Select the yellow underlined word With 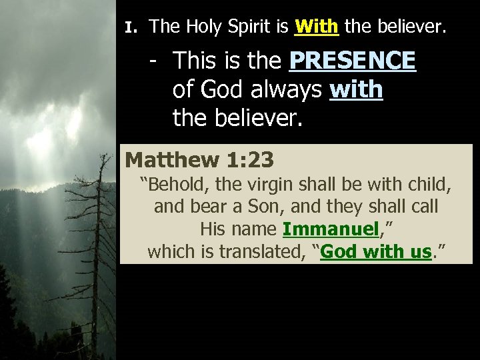pyautogui.click(x=317, y=27)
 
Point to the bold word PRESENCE pyautogui.click(x=353, y=61)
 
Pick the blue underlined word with pyautogui.click(x=357, y=89)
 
